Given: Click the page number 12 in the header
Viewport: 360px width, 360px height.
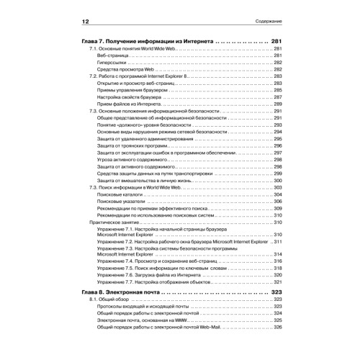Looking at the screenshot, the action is [x=85, y=21].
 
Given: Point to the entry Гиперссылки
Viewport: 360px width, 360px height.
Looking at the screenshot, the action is [x=114, y=61].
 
